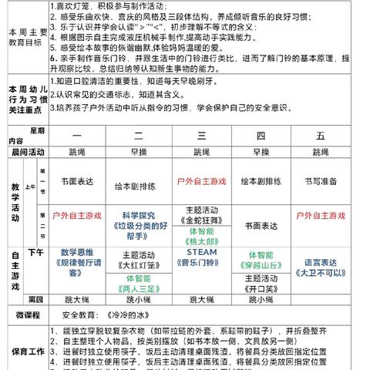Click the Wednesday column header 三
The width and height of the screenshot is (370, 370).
(x=202, y=136)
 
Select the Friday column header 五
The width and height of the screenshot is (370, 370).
(x=321, y=136)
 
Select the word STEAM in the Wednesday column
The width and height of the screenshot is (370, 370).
(x=202, y=251)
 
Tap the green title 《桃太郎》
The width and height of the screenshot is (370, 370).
(x=202, y=239)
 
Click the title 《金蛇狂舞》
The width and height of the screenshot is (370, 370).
(x=202, y=219)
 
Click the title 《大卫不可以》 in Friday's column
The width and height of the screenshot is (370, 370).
(x=321, y=272)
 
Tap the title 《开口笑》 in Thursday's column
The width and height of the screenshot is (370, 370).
(x=261, y=286)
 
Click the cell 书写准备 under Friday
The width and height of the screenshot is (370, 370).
(x=321, y=182)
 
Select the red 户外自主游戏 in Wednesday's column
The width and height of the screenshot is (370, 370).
(x=202, y=182)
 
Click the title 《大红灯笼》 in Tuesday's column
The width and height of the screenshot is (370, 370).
(x=140, y=267)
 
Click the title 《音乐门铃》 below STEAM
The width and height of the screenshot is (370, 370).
(x=202, y=262)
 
